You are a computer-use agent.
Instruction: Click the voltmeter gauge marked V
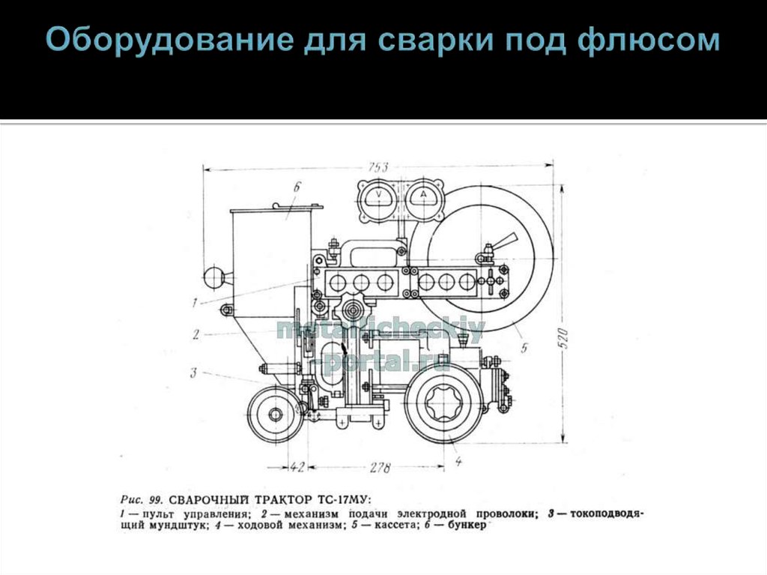(x=378, y=198)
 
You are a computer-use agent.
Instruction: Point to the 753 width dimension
(x=378, y=166)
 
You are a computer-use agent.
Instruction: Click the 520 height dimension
(x=566, y=337)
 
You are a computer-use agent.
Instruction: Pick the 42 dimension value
(x=297, y=468)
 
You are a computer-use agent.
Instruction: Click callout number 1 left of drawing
(x=194, y=303)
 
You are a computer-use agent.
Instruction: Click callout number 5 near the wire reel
(x=524, y=347)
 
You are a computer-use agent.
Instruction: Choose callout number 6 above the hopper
(x=297, y=187)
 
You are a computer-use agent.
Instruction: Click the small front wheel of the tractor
(x=276, y=413)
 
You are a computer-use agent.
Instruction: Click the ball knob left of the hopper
(x=216, y=278)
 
